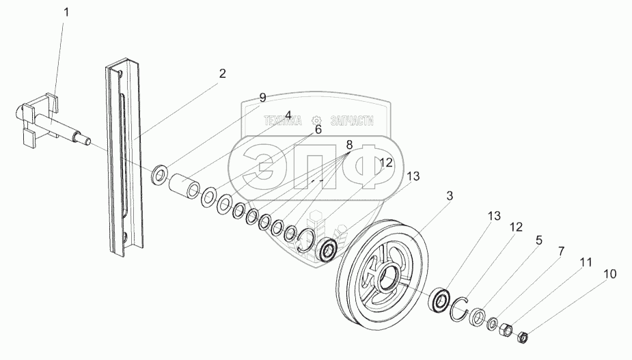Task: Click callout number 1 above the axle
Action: [66, 12]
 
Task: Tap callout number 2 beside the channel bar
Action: [222, 74]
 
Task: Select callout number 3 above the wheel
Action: [450, 196]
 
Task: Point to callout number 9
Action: [262, 98]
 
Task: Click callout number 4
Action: [288, 115]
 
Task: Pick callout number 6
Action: [318, 130]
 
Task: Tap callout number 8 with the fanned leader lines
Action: [349, 145]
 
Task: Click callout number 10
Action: [610, 274]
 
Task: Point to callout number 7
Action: [561, 251]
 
